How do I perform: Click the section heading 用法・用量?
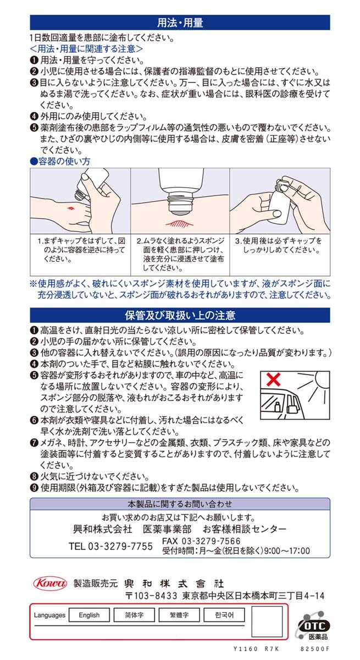(180, 23)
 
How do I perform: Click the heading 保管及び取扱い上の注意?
(180, 315)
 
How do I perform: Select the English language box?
(89, 615)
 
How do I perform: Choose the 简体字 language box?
(134, 615)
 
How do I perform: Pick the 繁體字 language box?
(179, 615)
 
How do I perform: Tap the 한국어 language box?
(224, 615)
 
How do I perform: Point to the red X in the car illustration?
(273, 380)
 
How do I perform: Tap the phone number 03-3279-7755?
(120, 546)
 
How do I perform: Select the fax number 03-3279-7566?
(211, 541)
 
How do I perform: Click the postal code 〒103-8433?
(151, 596)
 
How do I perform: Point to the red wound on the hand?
(70, 208)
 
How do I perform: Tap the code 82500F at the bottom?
(315, 648)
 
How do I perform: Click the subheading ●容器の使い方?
(60, 161)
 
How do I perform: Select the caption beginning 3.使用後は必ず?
(278, 245)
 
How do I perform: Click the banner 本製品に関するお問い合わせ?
(180, 504)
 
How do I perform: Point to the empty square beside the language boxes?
(267, 621)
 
